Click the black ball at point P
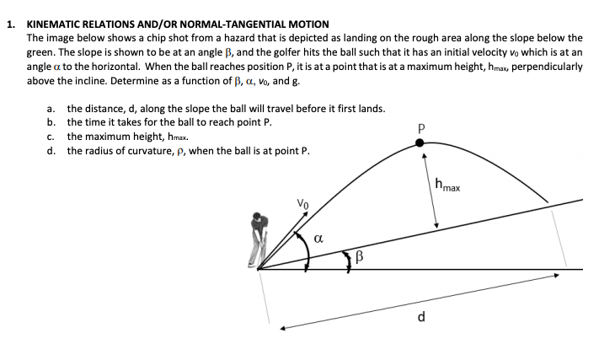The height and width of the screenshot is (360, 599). (x=422, y=142)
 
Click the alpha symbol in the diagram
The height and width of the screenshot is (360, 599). (x=319, y=239)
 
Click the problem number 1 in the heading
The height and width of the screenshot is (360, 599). (x=8, y=24)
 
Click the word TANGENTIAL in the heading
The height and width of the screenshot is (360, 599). (x=254, y=24)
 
